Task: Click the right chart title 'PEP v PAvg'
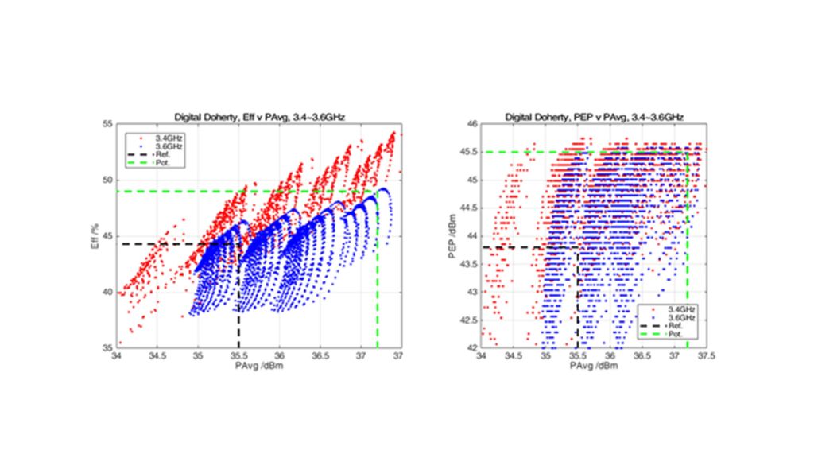(594, 117)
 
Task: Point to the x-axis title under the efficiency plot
(258, 367)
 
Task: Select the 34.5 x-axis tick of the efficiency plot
(158, 358)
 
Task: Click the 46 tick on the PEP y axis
(470, 123)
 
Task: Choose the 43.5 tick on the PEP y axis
(467, 264)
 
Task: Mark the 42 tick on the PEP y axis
(470, 348)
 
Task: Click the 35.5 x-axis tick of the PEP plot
(578, 358)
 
